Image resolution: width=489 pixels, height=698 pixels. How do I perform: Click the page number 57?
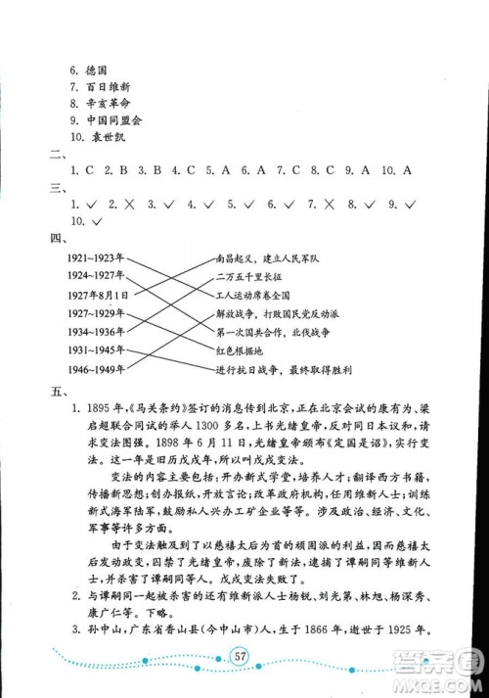pos(244,655)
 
